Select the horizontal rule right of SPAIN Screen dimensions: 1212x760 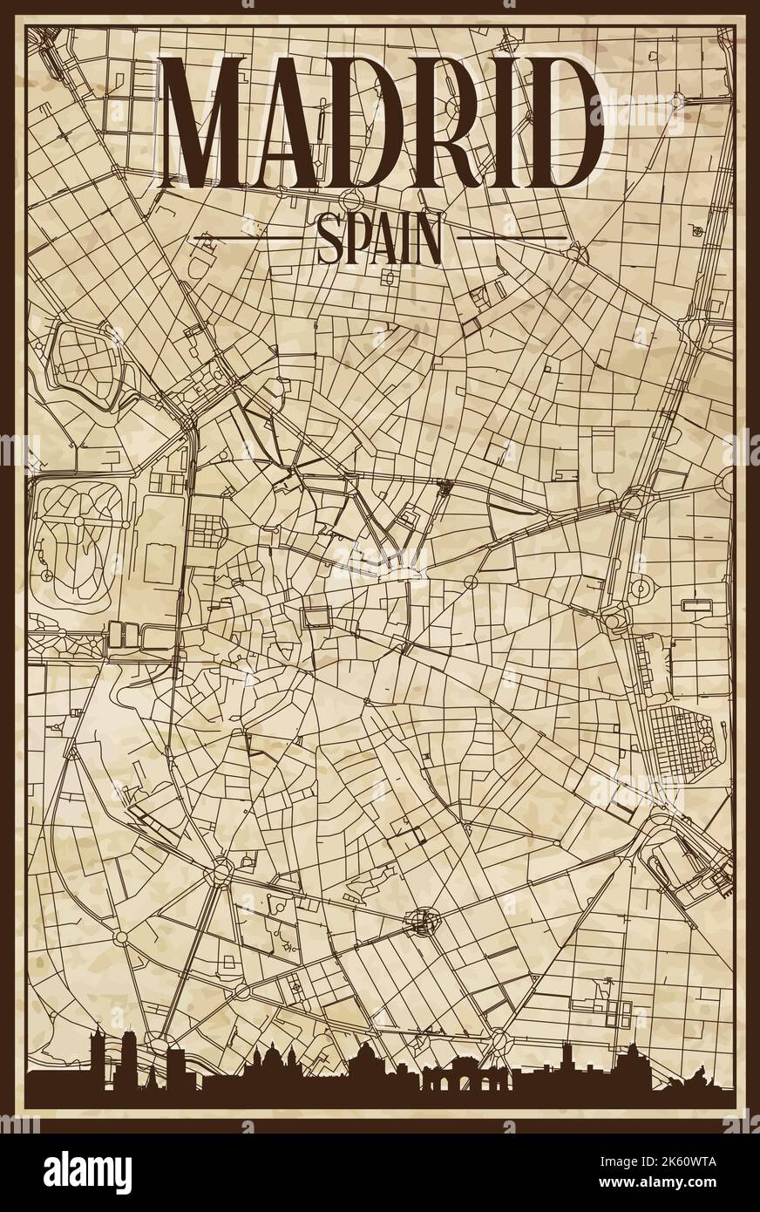pos(512,236)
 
